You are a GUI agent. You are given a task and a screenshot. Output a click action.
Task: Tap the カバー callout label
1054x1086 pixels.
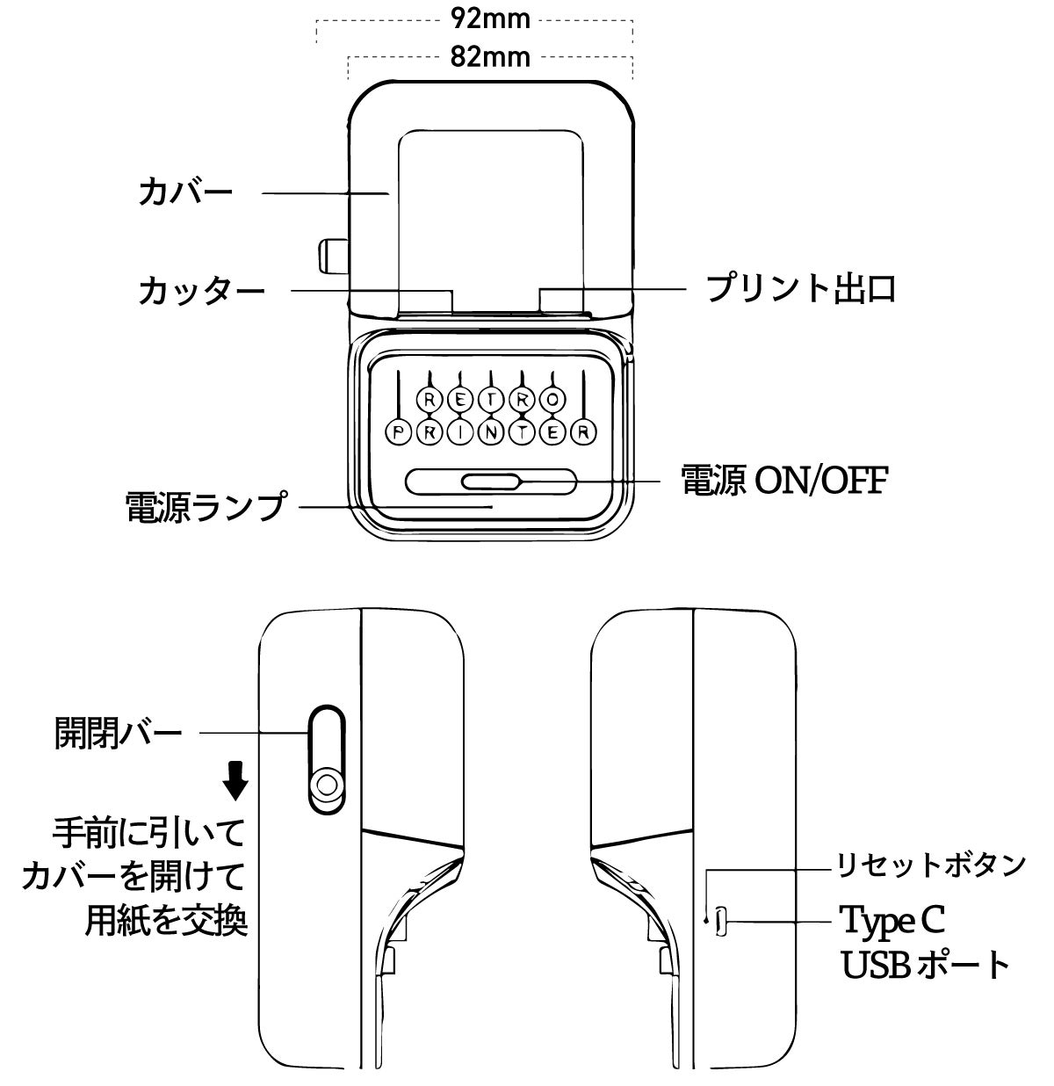(x=186, y=192)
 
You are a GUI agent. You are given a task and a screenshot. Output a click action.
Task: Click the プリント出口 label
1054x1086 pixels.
(x=802, y=288)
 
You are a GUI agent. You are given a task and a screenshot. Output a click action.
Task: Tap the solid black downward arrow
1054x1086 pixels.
(x=235, y=780)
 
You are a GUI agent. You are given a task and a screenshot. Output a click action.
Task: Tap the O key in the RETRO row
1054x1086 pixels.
(x=552, y=400)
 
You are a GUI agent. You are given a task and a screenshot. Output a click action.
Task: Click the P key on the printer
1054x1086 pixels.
(x=399, y=432)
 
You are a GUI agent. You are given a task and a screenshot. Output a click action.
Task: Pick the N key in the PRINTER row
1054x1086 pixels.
(x=491, y=432)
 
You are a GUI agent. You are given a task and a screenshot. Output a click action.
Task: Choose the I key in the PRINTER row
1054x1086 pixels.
(x=460, y=432)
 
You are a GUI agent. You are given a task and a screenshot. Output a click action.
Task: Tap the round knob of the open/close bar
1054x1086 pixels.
(x=326, y=785)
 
